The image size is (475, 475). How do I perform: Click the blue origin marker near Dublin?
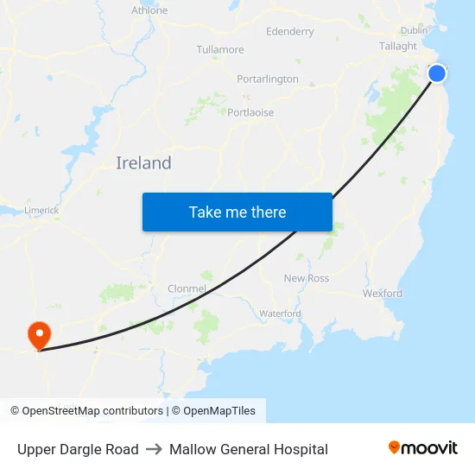coord(437,73)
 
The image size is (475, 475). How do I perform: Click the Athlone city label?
coord(149,10)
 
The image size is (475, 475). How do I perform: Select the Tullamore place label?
coord(220,49)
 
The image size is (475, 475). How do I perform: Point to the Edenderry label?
coord(290,32)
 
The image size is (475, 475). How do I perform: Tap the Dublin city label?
coord(414,30)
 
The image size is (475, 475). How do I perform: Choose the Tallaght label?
coord(397,47)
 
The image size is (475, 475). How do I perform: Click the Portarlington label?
coord(268,79)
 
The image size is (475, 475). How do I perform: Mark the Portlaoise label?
coord(250,112)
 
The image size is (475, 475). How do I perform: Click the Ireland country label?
coord(143,163)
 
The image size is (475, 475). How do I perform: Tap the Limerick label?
coord(41,210)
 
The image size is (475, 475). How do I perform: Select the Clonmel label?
coord(187,288)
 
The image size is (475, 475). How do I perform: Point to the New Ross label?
coord(307,278)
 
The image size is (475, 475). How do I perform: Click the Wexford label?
coord(383,294)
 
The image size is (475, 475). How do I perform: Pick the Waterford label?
coord(280,313)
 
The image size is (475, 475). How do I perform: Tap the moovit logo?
coord(423,448)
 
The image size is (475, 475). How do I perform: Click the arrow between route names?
coord(154,449)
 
